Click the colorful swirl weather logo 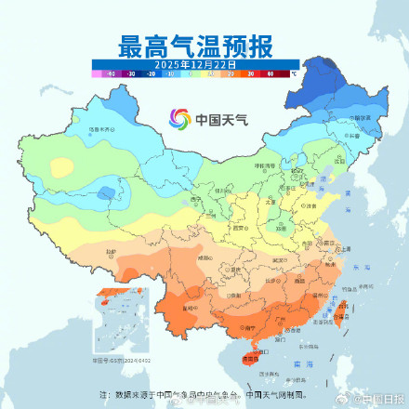pyautogui.click(x=179, y=119)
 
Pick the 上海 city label pyautogui.click(x=345, y=248)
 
